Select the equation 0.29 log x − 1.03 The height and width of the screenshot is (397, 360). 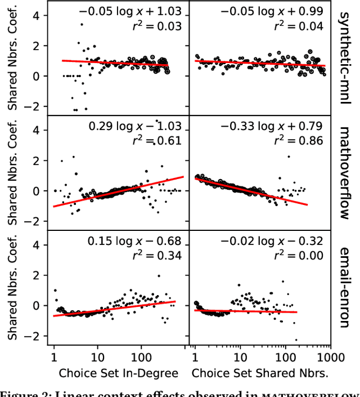click(x=135, y=126)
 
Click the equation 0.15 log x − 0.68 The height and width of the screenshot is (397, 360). click(x=135, y=242)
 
